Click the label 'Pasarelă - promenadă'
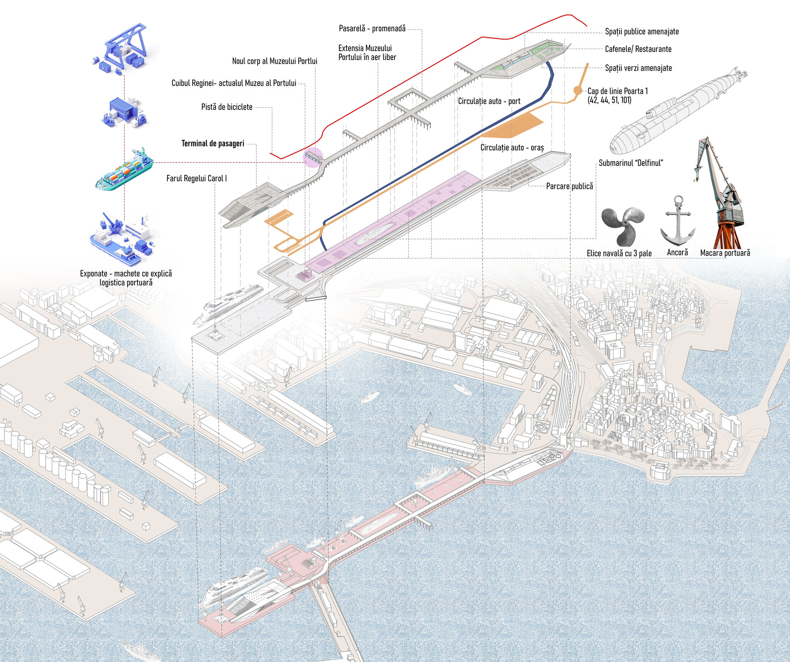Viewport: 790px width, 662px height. (372, 29)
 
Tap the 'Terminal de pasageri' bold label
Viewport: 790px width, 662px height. (213, 144)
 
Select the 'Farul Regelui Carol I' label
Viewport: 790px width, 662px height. (196, 179)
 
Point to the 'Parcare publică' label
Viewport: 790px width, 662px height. (569, 186)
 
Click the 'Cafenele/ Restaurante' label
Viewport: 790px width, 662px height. (638, 49)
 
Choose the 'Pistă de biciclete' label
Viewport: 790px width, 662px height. (227, 107)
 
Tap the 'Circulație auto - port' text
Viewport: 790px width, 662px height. (489, 101)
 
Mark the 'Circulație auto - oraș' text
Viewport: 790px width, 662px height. (512, 148)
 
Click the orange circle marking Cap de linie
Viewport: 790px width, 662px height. (578, 91)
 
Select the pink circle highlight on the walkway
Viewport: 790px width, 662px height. (313, 158)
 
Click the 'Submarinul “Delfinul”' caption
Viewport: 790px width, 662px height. (631, 163)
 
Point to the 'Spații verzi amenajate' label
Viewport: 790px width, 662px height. (638, 68)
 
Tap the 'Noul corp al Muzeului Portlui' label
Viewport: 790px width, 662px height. (274, 61)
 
